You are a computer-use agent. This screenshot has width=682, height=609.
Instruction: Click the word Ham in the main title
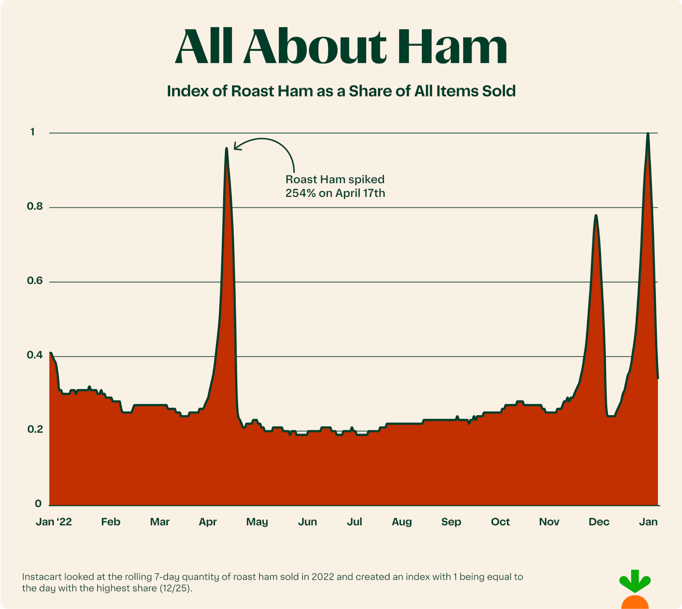[x=452, y=47]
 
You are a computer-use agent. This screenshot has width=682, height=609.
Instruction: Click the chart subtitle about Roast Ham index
[x=341, y=91]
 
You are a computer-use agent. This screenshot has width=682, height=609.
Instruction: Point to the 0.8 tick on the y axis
[x=35, y=207]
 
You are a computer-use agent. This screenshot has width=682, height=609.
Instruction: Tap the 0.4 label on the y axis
[x=35, y=355]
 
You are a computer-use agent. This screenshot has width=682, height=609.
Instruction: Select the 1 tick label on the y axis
[x=33, y=132]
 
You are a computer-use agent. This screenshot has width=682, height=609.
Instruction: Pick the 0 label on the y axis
[x=38, y=504]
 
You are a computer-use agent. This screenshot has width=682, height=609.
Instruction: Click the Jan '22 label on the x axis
[x=54, y=522]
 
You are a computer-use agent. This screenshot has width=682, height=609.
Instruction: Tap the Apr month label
[x=208, y=522]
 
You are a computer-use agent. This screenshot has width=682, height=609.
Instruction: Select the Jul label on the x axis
[x=354, y=522]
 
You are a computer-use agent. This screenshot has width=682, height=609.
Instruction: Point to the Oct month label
[x=500, y=522]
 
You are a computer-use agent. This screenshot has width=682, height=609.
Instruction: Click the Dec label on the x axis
[x=599, y=522]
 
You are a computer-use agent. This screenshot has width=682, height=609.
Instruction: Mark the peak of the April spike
[x=226, y=149]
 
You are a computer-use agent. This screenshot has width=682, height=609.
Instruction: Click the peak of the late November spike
[x=596, y=216]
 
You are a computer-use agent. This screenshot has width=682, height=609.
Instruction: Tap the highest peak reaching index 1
[x=648, y=134]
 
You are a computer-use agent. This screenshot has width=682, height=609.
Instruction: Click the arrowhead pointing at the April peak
[x=236, y=147]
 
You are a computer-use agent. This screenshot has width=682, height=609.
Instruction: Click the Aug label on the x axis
[x=402, y=522]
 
